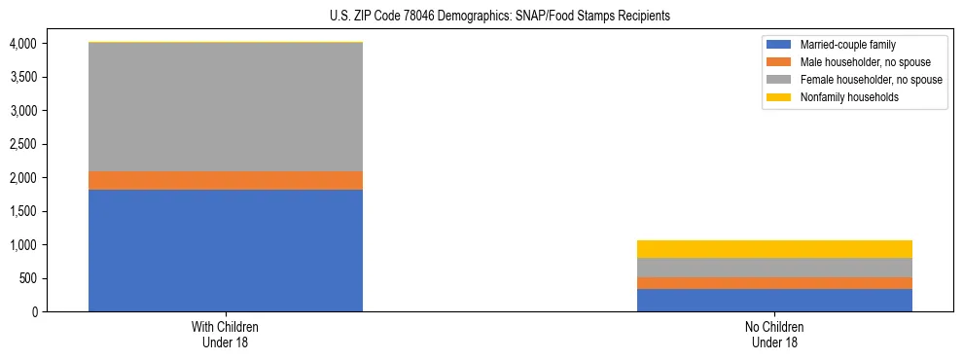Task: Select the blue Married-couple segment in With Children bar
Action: (x=226, y=250)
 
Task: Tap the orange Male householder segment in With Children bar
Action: (x=226, y=180)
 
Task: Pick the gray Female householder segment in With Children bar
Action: (x=226, y=107)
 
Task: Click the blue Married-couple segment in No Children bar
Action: (x=774, y=300)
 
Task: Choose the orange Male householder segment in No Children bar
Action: (x=774, y=283)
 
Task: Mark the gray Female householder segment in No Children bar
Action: (x=774, y=268)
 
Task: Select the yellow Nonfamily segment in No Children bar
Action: (x=774, y=249)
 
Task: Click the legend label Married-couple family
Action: (x=848, y=45)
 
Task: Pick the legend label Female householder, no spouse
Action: (x=870, y=80)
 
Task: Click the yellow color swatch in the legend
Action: (x=779, y=97)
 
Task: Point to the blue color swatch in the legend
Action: (x=779, y=45)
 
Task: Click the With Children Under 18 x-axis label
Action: (x=226, y=335)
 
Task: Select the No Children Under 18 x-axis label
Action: (x=774, y=335)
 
